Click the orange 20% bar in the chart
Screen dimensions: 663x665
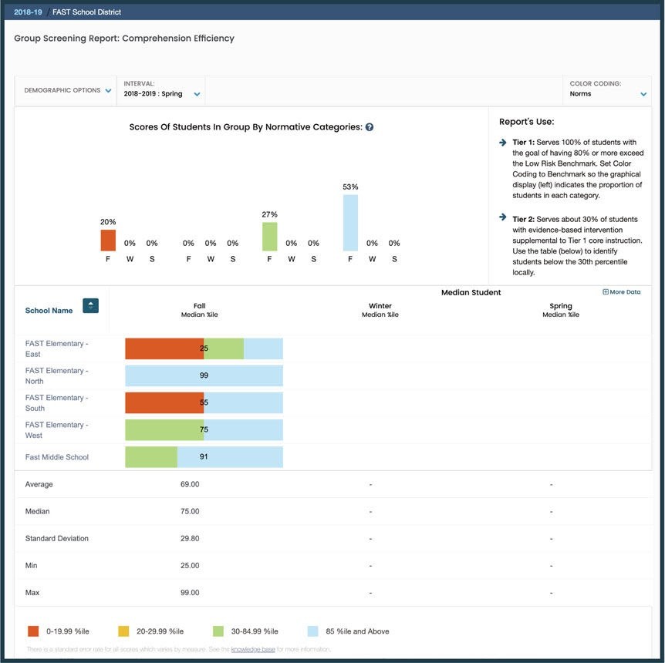tap(108, 240)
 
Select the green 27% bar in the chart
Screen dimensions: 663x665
tap(269, 237)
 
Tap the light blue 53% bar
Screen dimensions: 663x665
tap(350, 223)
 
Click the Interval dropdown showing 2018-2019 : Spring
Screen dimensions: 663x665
tap(162, 94)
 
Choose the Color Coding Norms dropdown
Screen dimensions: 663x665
tap(607, 94)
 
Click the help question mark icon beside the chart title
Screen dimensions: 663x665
tap(370, 127)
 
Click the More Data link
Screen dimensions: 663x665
tap(621, 292)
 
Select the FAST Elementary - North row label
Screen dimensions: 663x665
tap(56, 375)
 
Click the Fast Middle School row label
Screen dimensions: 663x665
tap(57, 457)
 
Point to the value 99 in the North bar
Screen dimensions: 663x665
tap(204, 375)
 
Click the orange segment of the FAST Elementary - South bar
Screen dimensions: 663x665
tap(164, 402)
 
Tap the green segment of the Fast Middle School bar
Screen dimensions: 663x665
tap(151, 457)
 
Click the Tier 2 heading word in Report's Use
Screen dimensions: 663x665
tap(523, 218)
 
